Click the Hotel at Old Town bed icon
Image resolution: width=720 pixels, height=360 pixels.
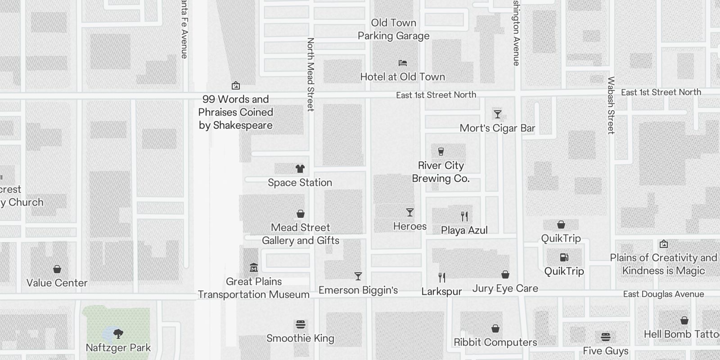point(403,63)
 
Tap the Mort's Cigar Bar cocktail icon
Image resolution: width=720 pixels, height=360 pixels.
point(497,114)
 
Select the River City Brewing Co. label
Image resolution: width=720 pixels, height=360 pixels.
point(441,172)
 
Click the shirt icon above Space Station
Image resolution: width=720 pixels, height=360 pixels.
point(300,169)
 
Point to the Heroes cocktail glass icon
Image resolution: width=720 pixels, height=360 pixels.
point(409,212)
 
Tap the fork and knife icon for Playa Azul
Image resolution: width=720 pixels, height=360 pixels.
point(464,216)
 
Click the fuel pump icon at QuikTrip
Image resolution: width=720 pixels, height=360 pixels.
point(564,257)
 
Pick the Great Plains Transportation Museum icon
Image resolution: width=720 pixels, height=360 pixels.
point(254,268)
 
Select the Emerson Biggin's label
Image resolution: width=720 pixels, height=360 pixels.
point(358,290)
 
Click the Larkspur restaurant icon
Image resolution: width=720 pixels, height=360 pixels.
point(442,278)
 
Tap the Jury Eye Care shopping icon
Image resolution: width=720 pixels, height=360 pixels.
point(505,274)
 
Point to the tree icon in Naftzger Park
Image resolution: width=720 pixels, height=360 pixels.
point(118,333)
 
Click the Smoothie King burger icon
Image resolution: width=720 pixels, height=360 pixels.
point(301,324)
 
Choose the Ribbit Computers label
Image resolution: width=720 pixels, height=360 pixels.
point(495,342)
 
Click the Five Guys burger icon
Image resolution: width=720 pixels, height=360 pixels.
point(606,337)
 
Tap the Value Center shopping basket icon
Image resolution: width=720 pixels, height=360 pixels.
point(57,269)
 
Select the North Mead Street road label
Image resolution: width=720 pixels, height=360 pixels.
point(310,74)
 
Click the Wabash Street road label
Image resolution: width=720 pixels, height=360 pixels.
point(611,105)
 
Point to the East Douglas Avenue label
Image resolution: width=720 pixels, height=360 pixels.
point(663,294)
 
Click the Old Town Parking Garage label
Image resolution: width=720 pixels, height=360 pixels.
point(393,29)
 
